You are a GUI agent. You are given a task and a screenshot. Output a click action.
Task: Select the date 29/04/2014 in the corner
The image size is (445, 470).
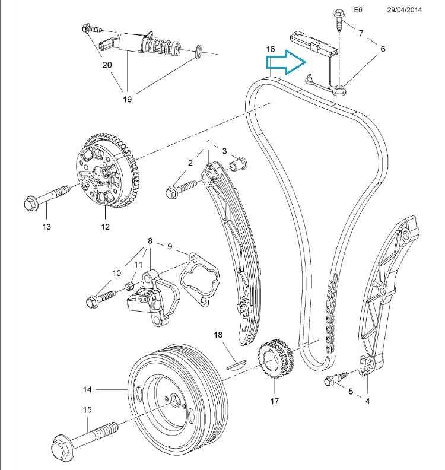pos(405,10)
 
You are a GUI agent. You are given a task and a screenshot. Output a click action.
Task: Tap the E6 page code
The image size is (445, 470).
pos(357,10)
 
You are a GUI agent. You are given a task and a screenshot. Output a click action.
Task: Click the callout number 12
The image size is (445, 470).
pos(105,226)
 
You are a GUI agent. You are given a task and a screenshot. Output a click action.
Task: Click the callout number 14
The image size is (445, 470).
pos(87,389)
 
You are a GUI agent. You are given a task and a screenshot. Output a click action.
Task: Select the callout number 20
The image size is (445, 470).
pos(107,65)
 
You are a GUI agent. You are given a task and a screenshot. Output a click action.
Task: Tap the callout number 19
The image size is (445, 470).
pos(128,99)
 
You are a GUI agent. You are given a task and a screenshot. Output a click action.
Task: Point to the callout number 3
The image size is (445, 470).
pos(225,151)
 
